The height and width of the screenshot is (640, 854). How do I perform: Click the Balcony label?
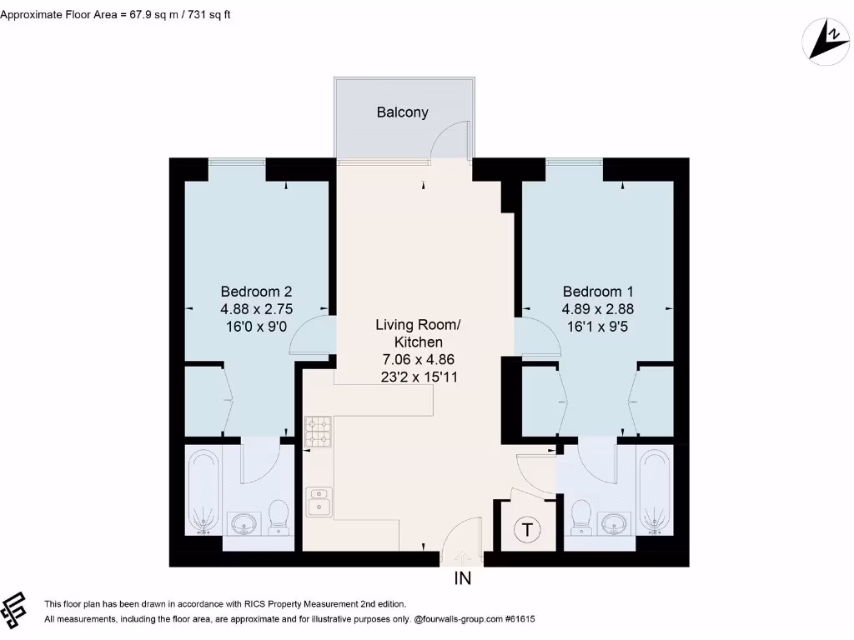tap(402, 112)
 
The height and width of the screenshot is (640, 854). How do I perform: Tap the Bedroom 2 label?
tap(256, 292)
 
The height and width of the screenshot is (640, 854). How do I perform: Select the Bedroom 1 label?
tap(598, 292)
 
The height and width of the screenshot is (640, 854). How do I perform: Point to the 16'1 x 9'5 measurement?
tap(598, 327)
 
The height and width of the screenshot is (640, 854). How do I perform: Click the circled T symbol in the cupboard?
tap(526, 527)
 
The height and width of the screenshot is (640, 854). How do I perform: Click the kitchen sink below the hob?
tap(318, 502)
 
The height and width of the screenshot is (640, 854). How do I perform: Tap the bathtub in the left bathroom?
tap(203, 491)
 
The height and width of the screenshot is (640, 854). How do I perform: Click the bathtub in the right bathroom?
tap(655, 491)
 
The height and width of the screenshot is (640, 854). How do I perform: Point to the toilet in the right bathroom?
tap(581, 516)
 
